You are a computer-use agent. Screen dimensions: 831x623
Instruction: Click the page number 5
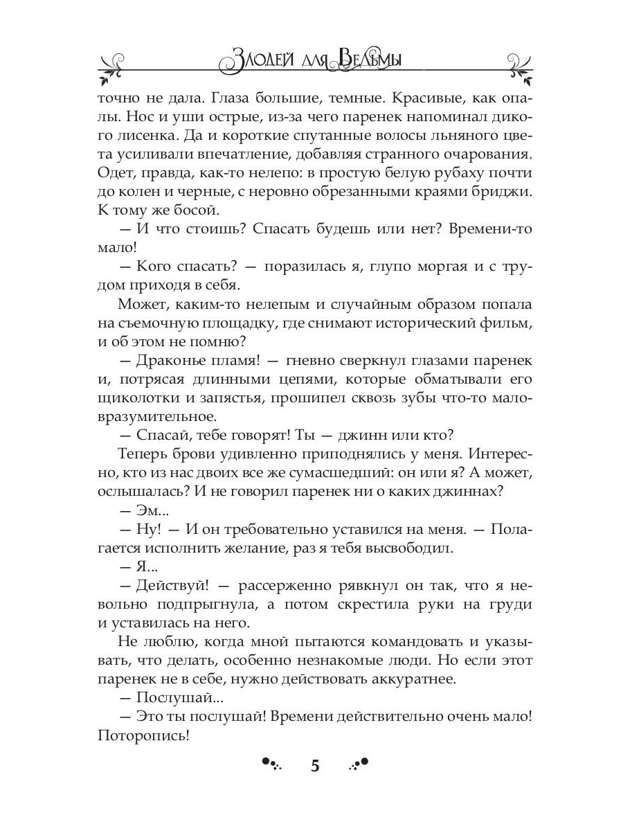click(x=315, y=765)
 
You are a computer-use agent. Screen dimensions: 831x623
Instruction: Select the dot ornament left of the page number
click(x=272, y=763)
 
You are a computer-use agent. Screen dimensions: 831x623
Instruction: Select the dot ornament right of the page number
click(x=359, y=763)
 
